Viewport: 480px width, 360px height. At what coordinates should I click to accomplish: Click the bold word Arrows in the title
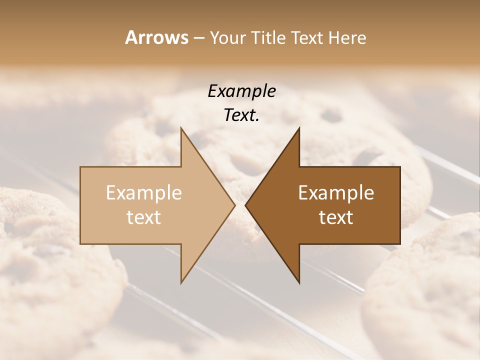(x=156, y=37)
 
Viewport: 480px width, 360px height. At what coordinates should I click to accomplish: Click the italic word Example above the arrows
(x=241, y=91)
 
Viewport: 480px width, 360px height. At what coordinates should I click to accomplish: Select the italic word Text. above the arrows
(x=241, y=115)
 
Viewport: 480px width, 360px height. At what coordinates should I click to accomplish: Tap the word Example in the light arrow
(x=144, y=193)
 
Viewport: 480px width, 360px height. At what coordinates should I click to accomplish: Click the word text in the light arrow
(x=144, y=217)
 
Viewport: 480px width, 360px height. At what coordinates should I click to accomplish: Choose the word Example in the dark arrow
(x=336, y=193)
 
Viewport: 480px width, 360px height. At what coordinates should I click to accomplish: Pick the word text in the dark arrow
(x=336, y=217)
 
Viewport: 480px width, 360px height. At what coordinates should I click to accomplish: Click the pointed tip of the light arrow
(x=234, y=205)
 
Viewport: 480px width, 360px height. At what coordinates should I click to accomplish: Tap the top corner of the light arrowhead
(x=181, y=128)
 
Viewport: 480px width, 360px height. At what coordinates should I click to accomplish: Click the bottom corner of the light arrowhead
(x=181, y=282)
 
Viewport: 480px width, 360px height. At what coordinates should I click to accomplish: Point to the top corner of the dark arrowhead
(x=299, y=128)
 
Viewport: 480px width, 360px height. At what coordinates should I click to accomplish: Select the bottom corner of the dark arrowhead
(x=299, y=282)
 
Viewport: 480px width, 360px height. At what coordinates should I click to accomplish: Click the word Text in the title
(x=309, y=37)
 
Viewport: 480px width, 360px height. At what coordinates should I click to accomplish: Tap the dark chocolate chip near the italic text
(x=331, y=116)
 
